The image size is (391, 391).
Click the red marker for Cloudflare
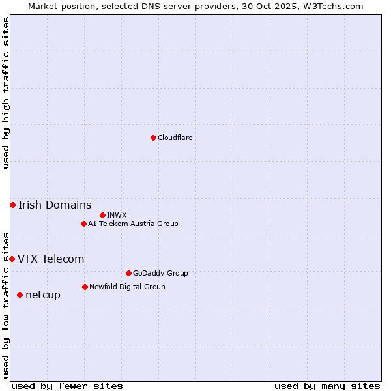(x=153, y=138)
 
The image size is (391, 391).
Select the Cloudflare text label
(x=175, y=138)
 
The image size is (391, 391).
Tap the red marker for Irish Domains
(x=12, y=205)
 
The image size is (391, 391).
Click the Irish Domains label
(x=55, y=205)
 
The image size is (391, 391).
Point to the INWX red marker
(x=102, y=215)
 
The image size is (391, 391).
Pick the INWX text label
(x=117, y=215)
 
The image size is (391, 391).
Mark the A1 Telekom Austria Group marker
(x=83, y=224)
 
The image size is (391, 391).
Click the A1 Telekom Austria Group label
(x=133, y=224)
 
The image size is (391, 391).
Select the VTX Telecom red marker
(x=12, y=259)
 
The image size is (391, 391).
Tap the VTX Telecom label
(x=51, y=259)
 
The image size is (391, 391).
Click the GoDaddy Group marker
(x=128, y=273)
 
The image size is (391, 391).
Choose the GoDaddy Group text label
(x=160, y=273)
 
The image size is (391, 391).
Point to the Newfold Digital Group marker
(x=85, y=287)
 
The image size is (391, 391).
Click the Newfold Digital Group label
(x=127, y=287)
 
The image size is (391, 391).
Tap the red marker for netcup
(x=20, y=295)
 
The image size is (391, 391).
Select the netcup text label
(x=43, y=295)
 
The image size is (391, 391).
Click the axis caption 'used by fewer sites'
(x=67, y=386)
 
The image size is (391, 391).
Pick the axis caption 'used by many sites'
(x=327, y=386)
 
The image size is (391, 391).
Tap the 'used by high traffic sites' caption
(x=6, y=93)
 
